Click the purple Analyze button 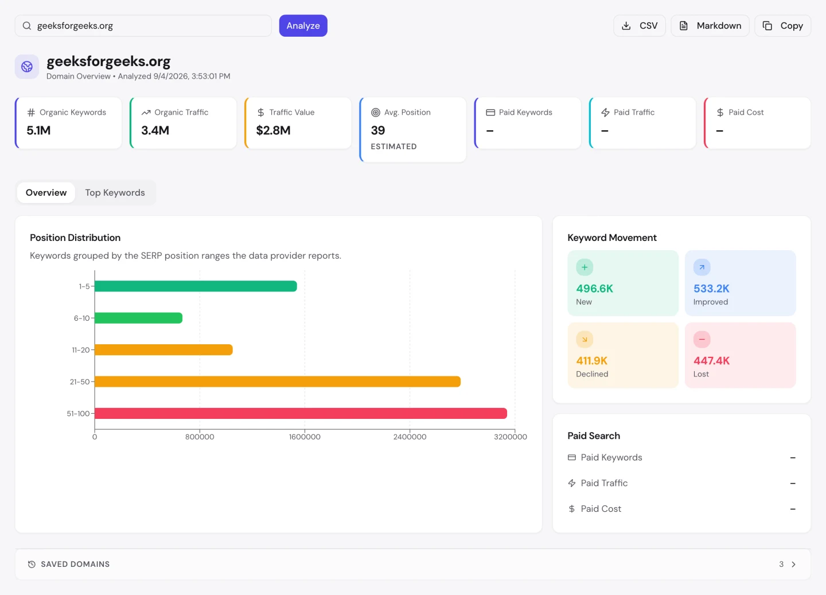[x=303, y=26]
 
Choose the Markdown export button [x=710, y=26]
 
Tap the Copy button [x=782, y=26]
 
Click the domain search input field [x=143, y=26]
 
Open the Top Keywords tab [x=115, y=193]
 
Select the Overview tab [x=46, y=193]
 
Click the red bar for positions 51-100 [x=301, y=413]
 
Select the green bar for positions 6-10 [x=139, y=318]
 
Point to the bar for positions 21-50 [x=278, y=382]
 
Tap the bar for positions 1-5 [x=196, y=286]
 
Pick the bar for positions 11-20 [x=163, y=349]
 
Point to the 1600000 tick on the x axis [x=305, y=437]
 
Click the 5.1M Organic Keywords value [x=38, y=130]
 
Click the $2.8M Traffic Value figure [x=273, y=130]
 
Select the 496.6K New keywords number [x=594, y=289]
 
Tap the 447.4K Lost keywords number [x=711, y=361]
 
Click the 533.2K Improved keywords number [x=711, y=289]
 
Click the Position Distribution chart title [x=75, y=238]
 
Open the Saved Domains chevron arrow [x=793, y=565]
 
